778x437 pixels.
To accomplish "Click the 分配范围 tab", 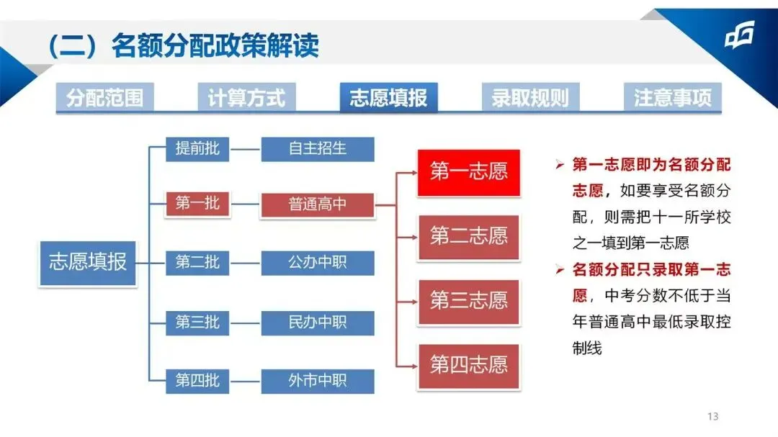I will (105, 98).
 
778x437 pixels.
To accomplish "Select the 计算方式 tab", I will (246, 98).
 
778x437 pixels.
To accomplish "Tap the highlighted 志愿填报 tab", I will (388, 98).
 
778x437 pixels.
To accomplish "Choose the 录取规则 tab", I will (530, 98).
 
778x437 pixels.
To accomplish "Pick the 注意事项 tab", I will (672, 98).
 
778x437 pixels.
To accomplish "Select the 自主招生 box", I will (317, 149).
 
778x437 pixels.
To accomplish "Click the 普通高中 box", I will (317, 204).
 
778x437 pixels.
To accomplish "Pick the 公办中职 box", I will (317, 263).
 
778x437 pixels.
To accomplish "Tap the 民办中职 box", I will (317, 323).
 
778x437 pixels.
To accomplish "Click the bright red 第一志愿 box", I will (469, 171).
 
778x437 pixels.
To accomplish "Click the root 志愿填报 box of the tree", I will (88, 262).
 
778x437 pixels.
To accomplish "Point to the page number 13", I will (713, 416).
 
